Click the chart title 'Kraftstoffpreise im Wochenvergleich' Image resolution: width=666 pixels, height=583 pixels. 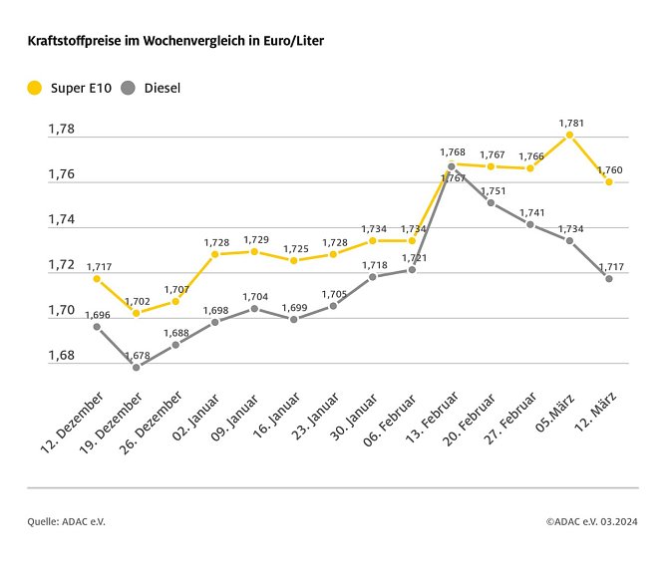174,41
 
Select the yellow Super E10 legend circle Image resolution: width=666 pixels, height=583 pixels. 35,88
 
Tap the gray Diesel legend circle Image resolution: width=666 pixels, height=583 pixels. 129,88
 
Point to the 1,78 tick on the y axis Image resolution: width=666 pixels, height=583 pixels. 62,130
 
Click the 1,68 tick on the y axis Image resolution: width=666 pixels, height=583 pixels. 62,356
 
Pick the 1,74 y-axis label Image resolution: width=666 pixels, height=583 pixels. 62,220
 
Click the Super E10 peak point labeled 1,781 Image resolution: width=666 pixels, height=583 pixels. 569,135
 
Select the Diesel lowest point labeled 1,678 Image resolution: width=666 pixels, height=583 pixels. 136,367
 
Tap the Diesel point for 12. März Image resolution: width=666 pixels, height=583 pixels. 608,278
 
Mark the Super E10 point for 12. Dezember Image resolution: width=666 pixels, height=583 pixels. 97,278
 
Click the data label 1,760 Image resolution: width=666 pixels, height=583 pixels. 609,170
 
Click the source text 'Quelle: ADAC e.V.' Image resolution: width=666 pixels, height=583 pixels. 66,521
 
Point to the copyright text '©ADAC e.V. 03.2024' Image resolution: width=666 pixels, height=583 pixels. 592,521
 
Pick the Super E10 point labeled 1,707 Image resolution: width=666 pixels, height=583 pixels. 175,301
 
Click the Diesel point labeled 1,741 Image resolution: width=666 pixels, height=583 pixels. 530,224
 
